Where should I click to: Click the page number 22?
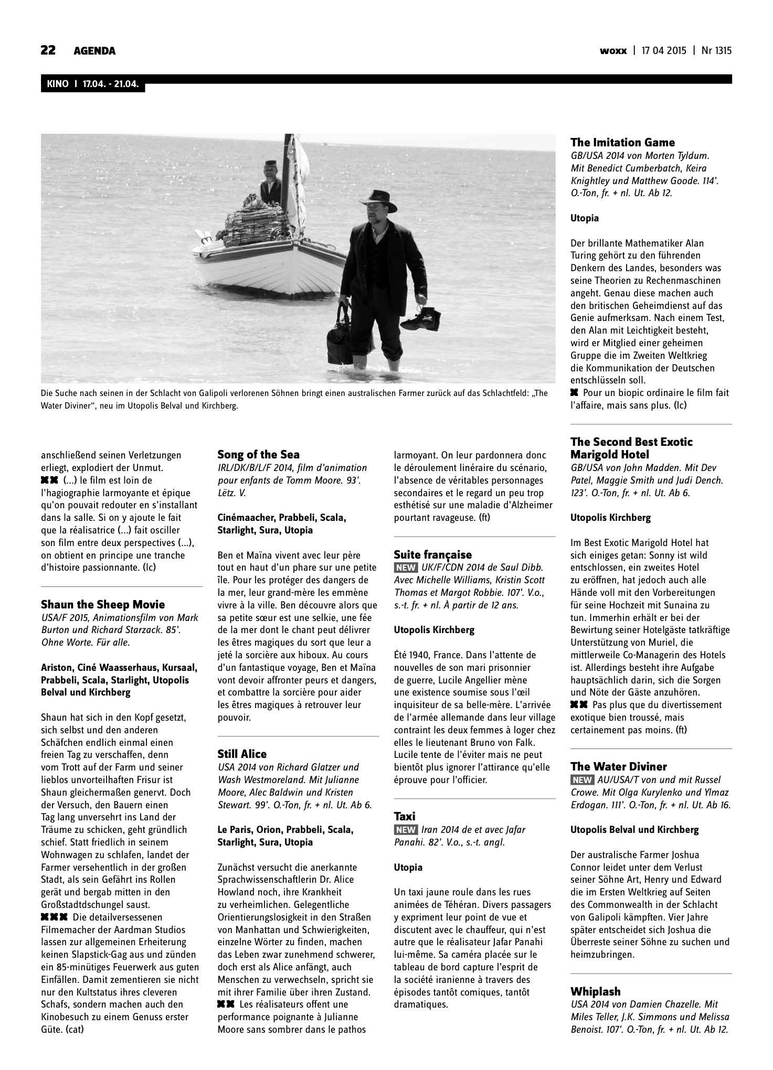48,50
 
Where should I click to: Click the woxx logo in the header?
613,51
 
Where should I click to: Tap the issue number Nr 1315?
716,51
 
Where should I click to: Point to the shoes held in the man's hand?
427,315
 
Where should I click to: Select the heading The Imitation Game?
622,143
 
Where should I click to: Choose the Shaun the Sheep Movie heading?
103,605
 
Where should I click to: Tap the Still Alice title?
242,754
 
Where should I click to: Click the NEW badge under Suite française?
406,568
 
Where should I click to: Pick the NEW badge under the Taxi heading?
406,830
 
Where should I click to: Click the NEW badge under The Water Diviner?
582,780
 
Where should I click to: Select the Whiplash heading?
595,991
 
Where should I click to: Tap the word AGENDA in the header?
94,51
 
